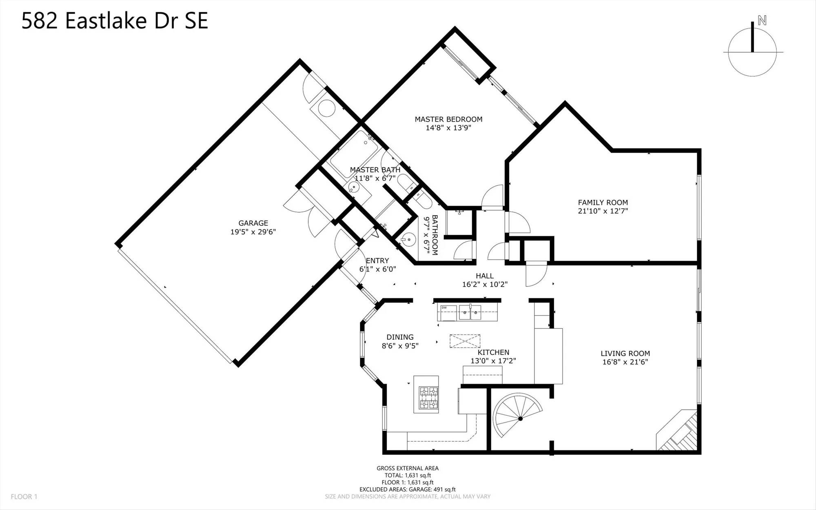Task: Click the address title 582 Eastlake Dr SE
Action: pos(115,20)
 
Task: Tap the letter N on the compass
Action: pos(762,20)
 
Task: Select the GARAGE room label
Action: pos(253,223)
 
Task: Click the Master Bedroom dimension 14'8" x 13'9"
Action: pos(448,128)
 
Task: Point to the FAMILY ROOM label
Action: pos(603,202)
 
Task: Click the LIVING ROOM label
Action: pos(625,354)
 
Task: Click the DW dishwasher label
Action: pos(444,307)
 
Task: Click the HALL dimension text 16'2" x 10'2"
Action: pos(485,285)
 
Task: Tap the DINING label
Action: pos(400,337)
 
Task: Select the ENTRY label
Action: pos(377,261)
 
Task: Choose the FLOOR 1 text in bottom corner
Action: pos(24,497)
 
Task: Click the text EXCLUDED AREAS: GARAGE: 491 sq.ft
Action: pos(407,489)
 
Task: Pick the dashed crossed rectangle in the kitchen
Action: pos(465,341)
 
